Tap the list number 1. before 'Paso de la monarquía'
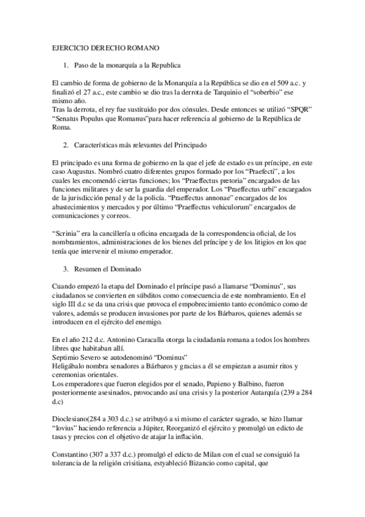(x=66, y=64)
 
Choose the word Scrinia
(x=65, y=233)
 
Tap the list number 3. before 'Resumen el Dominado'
(x=66, y=269)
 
